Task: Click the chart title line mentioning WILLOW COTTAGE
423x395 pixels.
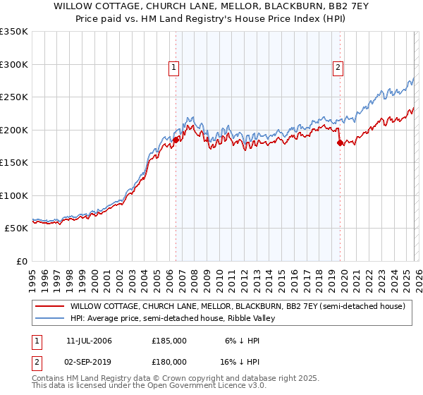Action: [x=211, y=6]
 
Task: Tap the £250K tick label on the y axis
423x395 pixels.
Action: [x=14, y=97]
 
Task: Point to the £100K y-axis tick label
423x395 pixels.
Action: [x=14, y=195]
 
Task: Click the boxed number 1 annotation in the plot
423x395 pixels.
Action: [x=173, y=68]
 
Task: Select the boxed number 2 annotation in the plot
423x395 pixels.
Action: [x=338, y=68]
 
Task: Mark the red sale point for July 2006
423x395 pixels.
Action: [x=176, y=140]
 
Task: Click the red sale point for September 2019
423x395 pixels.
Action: [x=340, y=143]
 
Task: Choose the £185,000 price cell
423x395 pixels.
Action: [x=169, y=341]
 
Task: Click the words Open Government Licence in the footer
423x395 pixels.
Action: [x=177, y=387]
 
